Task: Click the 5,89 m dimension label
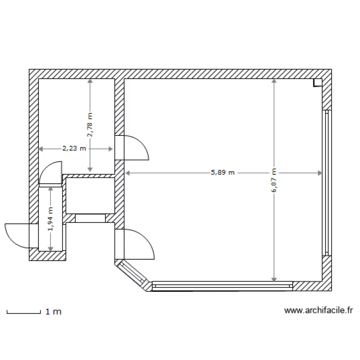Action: pyautogui.click(x=223, y=172)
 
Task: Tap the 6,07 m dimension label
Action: pyautogui.click(x=274, y=180)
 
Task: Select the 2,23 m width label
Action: pyautogui.click(x=74, y=148)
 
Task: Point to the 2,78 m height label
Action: pyautogui.click(x=90, y=125)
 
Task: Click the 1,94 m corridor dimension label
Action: pyautogui.click(x=50, y=219)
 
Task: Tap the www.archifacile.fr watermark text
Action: pyautogui.click(x=318, y=311)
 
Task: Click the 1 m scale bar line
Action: pyautogui.click(x=24, y=312)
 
